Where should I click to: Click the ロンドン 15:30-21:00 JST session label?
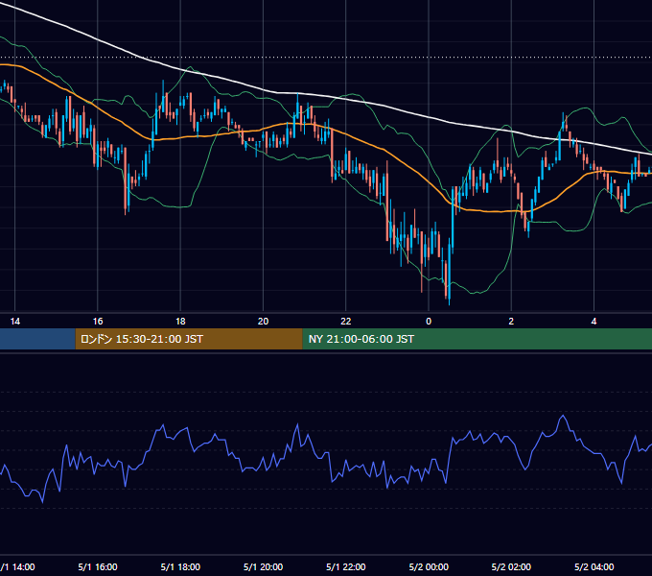[141, 339]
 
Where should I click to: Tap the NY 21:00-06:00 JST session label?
[361, 339]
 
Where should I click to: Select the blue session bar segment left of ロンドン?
[37, 339]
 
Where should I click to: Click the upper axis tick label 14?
[15, 322]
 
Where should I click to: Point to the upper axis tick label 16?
[98, 322]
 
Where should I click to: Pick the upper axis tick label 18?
[180, 322]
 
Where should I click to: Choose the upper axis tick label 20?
[264, 322]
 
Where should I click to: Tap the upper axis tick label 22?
[346, 322]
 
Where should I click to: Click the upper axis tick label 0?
[429, 322]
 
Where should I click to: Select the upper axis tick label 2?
[511, 322]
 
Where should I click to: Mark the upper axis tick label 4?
[594, 322]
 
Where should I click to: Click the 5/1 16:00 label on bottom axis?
[98, 566]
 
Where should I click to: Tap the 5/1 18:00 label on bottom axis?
[180, 566]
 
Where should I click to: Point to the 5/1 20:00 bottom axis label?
[264, 566]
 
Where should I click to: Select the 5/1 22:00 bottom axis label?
[346, 566]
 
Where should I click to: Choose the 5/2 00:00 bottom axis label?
[429, 566]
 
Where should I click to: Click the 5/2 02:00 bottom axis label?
[511, 566]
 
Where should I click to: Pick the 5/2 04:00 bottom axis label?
[594, 566]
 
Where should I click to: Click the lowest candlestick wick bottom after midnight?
[450, 304]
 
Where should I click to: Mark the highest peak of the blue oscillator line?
[564, 416]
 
